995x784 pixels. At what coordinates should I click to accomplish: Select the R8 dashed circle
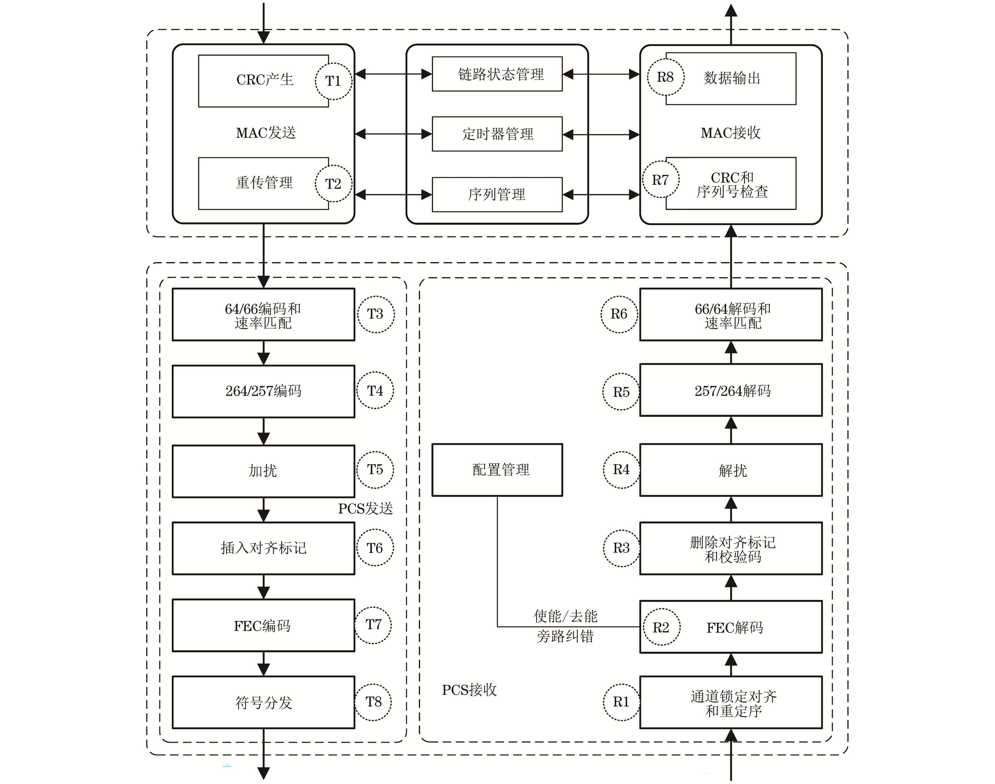click(665, 77)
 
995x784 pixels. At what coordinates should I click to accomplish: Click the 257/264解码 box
click(731, 391)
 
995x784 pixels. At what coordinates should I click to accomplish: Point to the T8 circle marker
click(373, 702)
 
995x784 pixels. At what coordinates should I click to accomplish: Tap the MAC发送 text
click(266, 133)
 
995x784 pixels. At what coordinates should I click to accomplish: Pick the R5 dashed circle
click(621, 392)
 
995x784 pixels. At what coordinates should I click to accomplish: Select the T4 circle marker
click(375, 391)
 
